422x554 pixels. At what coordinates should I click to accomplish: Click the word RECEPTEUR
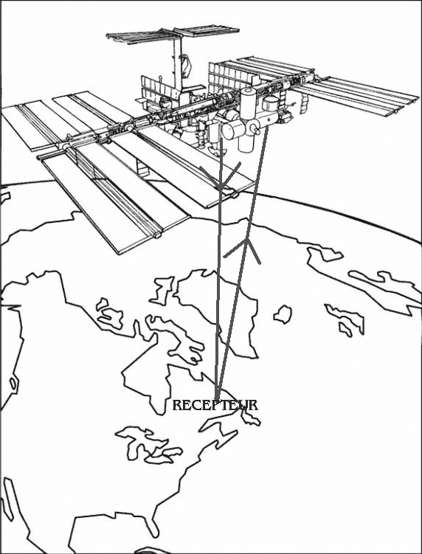click(215, 405)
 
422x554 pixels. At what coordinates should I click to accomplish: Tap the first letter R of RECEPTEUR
click(177, 405)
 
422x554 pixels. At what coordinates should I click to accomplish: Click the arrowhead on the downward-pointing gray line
click(221, 176)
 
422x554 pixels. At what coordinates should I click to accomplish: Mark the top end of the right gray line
click(267, 127)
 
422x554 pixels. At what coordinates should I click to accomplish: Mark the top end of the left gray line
click(221, 139)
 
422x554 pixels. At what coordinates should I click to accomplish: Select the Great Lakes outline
click(148, 445)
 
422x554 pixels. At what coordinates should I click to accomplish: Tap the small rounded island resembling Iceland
click(283, 314)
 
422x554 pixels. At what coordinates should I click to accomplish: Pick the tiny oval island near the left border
click(13, 384)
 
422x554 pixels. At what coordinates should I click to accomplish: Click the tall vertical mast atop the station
click(177, 63)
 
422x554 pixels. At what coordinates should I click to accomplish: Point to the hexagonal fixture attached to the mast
click(186, 66)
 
